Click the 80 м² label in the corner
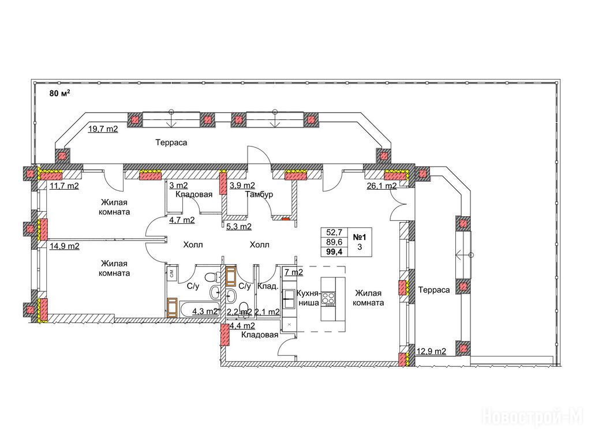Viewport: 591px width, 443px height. coord(60,93)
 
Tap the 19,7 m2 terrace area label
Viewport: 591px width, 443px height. coord(103,129)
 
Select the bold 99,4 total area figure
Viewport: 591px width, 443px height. coord(334,252)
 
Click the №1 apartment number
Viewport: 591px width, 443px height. coord(360,237)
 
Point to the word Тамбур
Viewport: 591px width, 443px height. coord(259,194)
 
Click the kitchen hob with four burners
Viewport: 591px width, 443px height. coord(328,299)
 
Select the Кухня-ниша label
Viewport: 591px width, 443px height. coord(308,298)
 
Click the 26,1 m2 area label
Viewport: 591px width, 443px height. coord(381,186)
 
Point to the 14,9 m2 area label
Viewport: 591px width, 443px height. coord(65,246)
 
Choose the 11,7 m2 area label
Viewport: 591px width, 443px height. coord(64,186)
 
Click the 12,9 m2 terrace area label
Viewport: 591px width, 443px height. coord(431,351)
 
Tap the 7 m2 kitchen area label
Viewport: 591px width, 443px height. coord(294,272)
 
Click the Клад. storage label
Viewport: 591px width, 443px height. coord(268,286)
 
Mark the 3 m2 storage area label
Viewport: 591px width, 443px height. coord(178,185)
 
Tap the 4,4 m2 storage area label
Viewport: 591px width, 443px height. coord(242,325)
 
